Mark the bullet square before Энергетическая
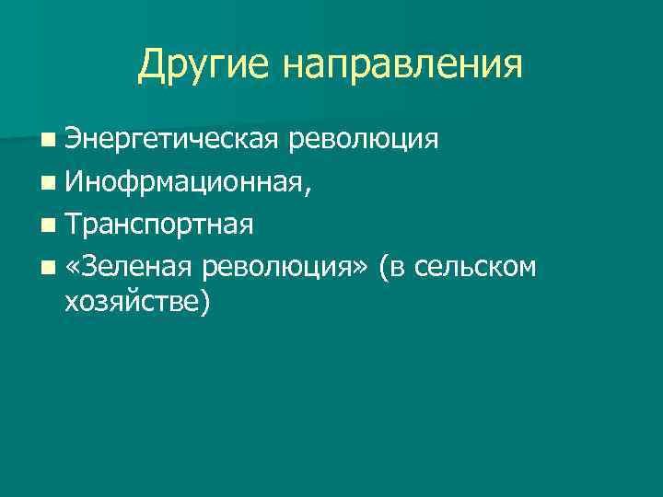click(x=47, y=141)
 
